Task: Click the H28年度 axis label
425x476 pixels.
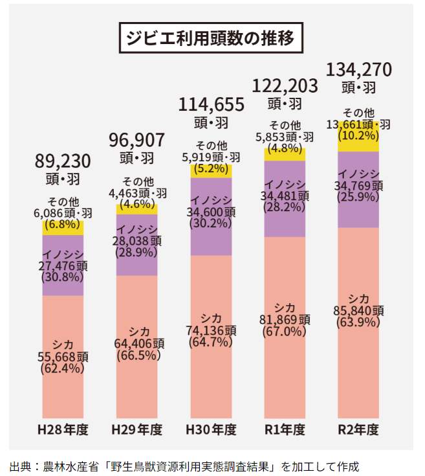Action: pyautogui.click(x=63, y=429)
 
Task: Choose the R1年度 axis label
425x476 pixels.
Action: pyautogui.click(x=285, y=429)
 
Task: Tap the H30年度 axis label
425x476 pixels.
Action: pyautogui.click(x=211, y=429)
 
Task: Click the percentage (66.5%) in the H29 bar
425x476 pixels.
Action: pyautogui.click(x=136, y=355)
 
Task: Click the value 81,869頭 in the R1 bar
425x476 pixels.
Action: pyautogui.click(x=285, y=320)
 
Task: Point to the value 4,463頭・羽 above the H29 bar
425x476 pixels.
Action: pyautogui.click(x=136, y=192)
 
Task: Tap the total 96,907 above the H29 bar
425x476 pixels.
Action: pyautogui.click(x=136, y=140)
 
